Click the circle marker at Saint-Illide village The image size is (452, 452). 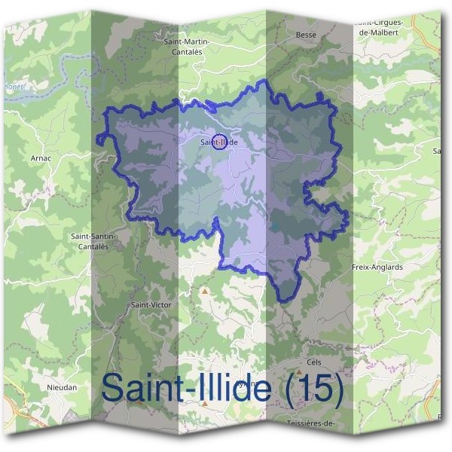click(219, 141)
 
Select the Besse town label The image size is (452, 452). click(306, 35)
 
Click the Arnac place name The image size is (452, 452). click(41, 159)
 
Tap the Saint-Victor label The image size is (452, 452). click(148, 305)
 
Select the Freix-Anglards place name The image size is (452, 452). click(377, 267)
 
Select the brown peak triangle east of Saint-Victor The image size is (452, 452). click(204, 289)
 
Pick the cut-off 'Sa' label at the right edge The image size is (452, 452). click(436, 151)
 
